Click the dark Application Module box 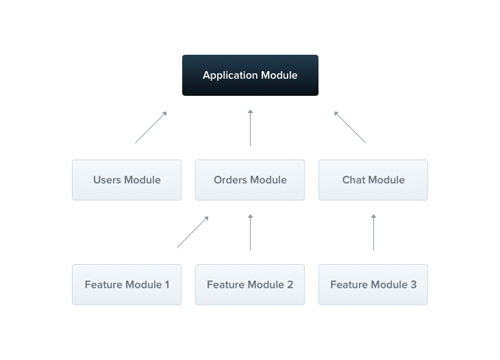[250, 75]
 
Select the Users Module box [127, 180]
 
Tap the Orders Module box [250, 180]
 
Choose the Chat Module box [373, 180]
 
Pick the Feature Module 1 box [127, 285]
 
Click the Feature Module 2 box [250, 285]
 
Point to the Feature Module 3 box [373, 285]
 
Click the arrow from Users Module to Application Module [151, 127]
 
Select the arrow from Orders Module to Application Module [250, 127]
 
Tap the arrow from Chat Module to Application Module [350, 127]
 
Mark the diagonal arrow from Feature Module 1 [192, 232]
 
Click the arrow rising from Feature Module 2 [250, 233]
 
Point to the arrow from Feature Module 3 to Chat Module [373, 233]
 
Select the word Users [107, 180]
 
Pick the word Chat [355, 180]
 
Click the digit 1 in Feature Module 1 [166, 285]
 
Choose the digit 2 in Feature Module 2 [290, 285]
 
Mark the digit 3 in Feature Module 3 [414, 285]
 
